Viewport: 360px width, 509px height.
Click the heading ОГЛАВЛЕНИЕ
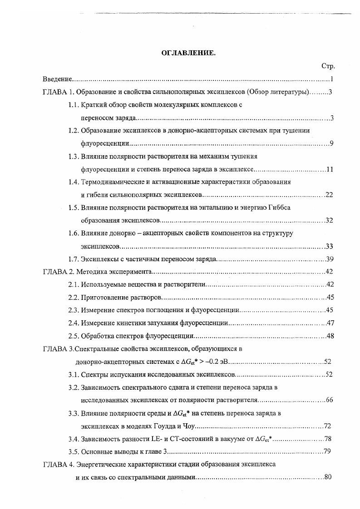(188, 53)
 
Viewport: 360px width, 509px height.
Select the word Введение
(58, 79)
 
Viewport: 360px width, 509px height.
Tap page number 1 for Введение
(332, 79)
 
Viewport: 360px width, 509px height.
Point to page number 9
(332, 144)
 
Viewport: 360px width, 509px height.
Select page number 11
(330, 170)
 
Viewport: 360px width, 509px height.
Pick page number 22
(330, 195)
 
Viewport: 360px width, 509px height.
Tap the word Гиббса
(280, 208)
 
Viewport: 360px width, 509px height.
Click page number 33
(330, 246)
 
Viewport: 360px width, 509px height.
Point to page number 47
(330, 323)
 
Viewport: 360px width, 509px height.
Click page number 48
(330, 336)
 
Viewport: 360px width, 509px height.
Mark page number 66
(330, 400)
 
